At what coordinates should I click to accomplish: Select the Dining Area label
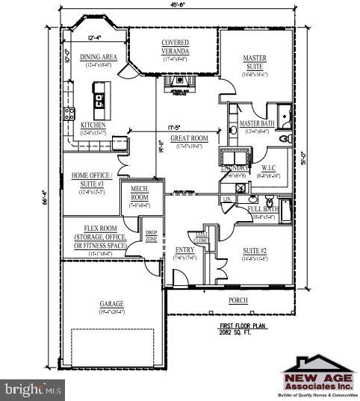(x=99, y=57)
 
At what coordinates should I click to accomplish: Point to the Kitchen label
(x=93, y=125)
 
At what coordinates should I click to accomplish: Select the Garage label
(x=111, y=304)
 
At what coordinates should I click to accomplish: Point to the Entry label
(x=184, y=250)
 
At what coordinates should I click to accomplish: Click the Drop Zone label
(x=151, y=236)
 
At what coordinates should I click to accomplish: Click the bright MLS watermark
(x=32, y=389)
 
